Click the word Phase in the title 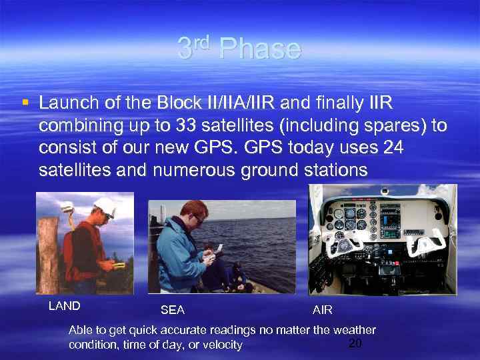[259, 49]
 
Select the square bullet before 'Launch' [25, 103]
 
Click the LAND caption [65, 306]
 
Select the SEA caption [173, 310]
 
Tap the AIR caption [323, 310]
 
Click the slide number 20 [355, 343]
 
